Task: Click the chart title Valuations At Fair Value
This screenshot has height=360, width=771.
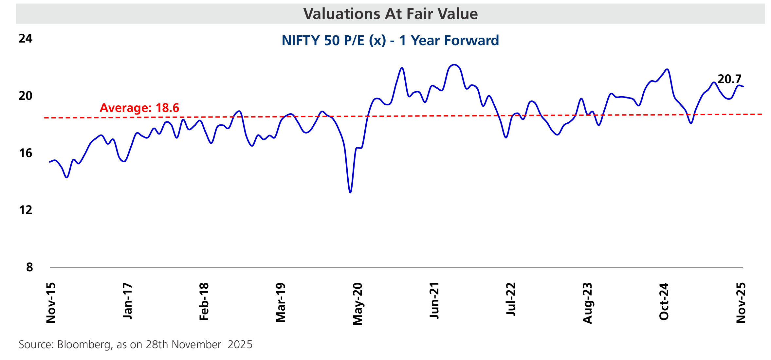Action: [390, 14]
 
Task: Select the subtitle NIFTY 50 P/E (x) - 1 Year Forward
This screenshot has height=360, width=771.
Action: [390, 41]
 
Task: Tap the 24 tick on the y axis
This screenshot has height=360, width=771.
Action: [26, 39]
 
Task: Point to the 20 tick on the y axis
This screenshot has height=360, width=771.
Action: [26, 96]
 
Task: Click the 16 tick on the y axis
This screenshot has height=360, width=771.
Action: [26, 153]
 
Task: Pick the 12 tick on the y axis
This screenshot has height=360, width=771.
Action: [26, 210]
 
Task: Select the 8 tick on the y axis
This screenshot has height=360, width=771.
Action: [29, 267]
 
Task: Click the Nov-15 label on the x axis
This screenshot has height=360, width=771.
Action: [51, 303]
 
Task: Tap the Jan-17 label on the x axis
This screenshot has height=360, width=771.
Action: [128, 301]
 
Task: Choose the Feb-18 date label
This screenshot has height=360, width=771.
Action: [204, 302]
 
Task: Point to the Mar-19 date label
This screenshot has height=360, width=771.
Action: [281, 303]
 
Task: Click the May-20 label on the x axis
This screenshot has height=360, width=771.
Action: [358, 304]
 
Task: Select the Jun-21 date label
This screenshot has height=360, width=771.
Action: [434, 300]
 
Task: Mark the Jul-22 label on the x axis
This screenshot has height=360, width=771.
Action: [511, 299]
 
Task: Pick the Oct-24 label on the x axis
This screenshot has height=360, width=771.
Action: [664, 301]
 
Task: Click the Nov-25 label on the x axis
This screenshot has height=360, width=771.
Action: [741, 303]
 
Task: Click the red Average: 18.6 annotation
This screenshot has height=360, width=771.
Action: [139, 108]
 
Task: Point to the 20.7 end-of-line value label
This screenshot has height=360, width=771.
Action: [729, 79]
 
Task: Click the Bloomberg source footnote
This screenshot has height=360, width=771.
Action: [136, 345]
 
